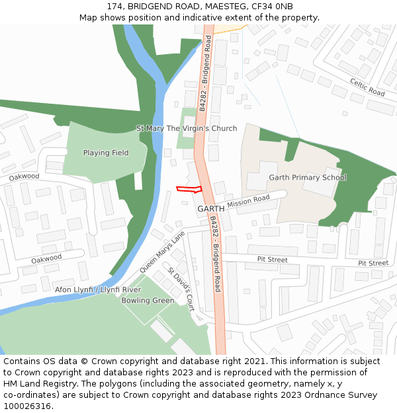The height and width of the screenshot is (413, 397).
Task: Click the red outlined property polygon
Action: click(x=189, y=190)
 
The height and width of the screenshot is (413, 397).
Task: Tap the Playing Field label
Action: click(x=106, y=153)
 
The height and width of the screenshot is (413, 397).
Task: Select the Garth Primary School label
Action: click(x=307, y=178)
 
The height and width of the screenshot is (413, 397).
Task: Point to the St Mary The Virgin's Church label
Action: click(x=187, y=128)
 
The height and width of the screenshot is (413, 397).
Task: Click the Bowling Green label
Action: click(x=148, y=301)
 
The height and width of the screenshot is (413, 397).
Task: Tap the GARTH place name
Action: click(x=211, y=209)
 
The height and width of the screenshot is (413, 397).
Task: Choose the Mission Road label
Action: click(x=248, y=202)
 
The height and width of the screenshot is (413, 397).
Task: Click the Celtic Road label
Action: click(x=367, y=87)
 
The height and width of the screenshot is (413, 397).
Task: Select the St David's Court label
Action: click(x=180, y=290)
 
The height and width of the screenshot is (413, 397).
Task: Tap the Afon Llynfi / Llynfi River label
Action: click(x=98, y=290)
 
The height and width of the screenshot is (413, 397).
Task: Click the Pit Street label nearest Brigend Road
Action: click(x=272, y=260)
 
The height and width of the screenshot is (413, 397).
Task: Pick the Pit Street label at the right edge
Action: click(x=373, y=263)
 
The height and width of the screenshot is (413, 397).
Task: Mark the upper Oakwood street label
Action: click(x=24, y=176)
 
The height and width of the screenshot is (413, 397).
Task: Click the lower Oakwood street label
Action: click(x=46, y=258)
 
